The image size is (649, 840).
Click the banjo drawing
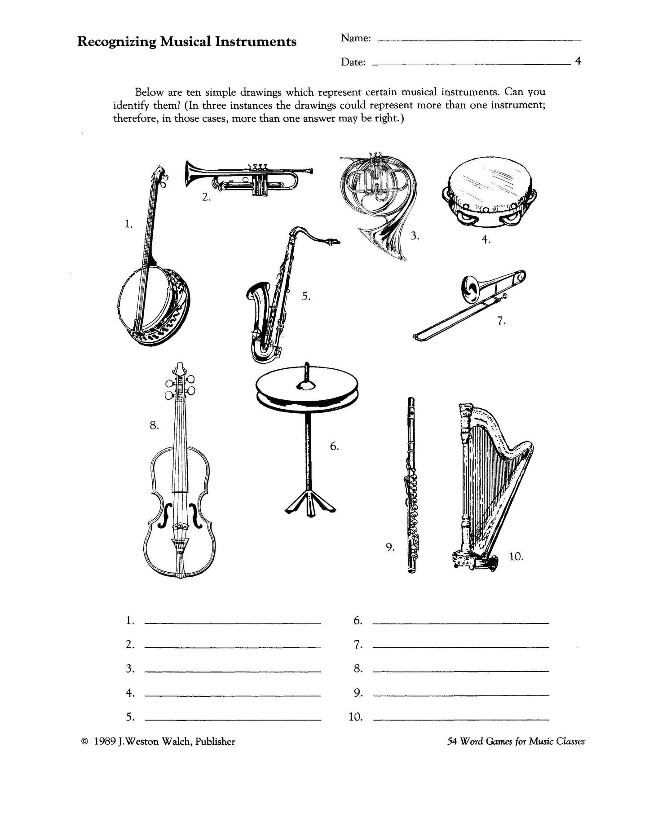pos(155,305)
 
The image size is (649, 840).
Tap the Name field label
pos(356,39)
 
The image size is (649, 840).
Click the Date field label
pos(353,62)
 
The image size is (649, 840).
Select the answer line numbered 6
pos(460,623)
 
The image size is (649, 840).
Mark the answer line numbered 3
pos(233,671)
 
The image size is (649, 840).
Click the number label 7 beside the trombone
pos(501,321)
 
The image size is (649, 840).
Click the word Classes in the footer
pos(570,742)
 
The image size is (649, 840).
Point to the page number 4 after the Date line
pos(578,62)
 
